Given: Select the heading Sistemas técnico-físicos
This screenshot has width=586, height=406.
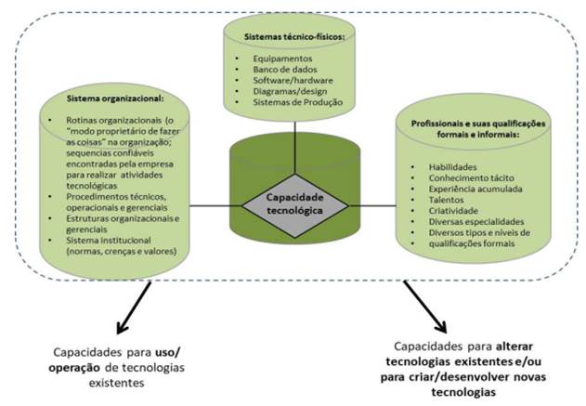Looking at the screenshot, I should [x=293, y=37].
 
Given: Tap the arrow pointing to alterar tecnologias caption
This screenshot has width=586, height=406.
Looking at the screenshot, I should [x=425, y=307].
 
